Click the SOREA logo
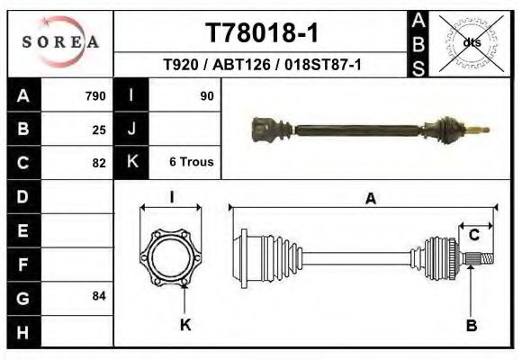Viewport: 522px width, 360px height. click(x=60, y=42)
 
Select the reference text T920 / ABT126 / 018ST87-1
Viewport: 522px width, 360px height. click(x=262, y=65)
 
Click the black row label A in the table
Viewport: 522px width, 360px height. click(x=22, y=95)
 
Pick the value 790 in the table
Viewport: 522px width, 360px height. click(x=95, y=95)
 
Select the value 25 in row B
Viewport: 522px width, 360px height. click(x=99, y=129)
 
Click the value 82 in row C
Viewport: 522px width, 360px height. click(x=99, y=163)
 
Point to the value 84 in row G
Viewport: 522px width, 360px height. click(x=99, y=295)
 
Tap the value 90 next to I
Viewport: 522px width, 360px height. click(x=207, y=95)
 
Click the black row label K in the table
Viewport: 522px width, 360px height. click(x=132, y=163)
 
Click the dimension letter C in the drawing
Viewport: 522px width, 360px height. click(x=473, y=235)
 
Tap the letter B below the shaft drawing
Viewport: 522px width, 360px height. click(x=471, y=325)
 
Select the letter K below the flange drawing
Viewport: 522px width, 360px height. click(x=185, y=325)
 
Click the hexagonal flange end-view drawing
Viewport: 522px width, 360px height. click(x=171, y=260)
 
